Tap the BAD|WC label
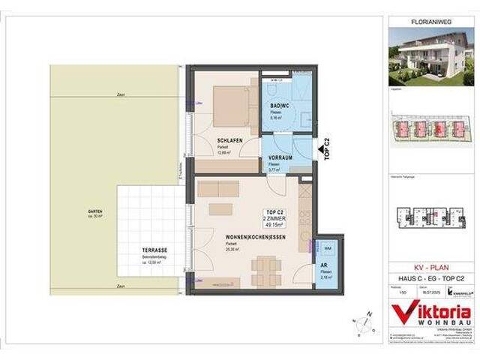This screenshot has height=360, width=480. click(280, 106)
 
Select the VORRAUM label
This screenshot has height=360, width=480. click(280, 158)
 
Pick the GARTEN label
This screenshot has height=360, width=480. click(94, 211)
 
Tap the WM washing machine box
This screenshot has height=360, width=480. click(328, 248)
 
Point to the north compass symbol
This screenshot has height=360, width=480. click(364, 324)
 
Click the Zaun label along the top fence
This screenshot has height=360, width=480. click(121, 95)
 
